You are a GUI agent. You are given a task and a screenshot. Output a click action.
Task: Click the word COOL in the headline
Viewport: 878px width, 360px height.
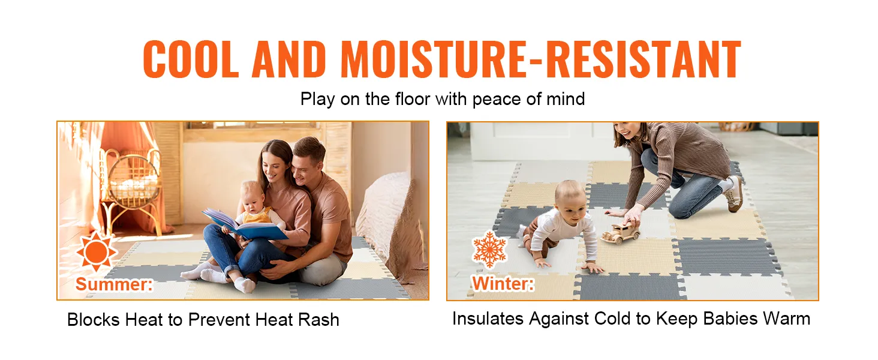point(191,59)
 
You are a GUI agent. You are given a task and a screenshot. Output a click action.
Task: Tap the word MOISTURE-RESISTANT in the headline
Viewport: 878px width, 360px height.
point(541,59)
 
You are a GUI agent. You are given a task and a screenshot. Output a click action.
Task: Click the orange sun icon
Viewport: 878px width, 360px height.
point(97,251)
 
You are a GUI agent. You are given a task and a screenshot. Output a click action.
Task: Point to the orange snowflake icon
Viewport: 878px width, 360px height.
point(490,250)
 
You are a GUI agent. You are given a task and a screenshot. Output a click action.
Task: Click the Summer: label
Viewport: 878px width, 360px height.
point(114,284)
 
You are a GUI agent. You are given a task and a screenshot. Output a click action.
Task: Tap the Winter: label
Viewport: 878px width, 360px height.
point(503,283)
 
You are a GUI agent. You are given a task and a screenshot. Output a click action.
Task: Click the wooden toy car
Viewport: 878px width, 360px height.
point(621,233)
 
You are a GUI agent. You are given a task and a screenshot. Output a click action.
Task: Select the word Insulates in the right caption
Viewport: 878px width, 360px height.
point(488,319)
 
